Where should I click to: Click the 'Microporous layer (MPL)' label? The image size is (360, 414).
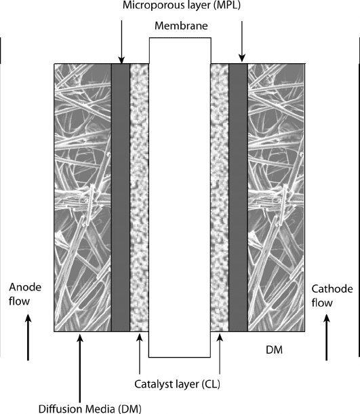(x=182, y=5)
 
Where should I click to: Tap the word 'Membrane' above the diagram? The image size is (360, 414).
(x=181, y=26)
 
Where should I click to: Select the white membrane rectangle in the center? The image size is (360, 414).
(x=180, y=197)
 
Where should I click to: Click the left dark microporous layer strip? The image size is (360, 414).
(x=121, y=197)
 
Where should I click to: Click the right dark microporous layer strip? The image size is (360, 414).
(x=238, y=197)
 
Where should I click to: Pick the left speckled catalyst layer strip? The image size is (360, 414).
(x=140, y=197)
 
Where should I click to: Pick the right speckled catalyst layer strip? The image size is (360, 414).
(x=220, y=197)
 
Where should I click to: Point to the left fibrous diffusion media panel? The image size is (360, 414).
(x=83, y=197)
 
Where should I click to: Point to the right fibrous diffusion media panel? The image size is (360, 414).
(x=276, y=197)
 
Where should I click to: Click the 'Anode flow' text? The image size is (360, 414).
(x=25, y=294)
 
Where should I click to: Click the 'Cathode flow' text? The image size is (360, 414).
(x=332, y=296)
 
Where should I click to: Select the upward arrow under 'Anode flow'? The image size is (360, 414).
(x=28, y=337)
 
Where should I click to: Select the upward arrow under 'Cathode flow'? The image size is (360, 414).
(x=327, y=337)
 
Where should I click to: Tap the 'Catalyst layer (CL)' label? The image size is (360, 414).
(x=177, y=384)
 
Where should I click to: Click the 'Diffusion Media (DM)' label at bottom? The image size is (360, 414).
(x=90, y=409)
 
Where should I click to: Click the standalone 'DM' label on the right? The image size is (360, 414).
(x=275, y=350)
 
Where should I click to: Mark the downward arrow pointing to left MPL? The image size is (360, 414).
(x=121, y=42)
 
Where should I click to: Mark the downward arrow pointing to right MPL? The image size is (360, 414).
(x=242, y=41)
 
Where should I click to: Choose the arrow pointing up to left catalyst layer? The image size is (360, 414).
(x=140, y=354)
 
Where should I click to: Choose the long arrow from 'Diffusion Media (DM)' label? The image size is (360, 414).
(x=80, y=368)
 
